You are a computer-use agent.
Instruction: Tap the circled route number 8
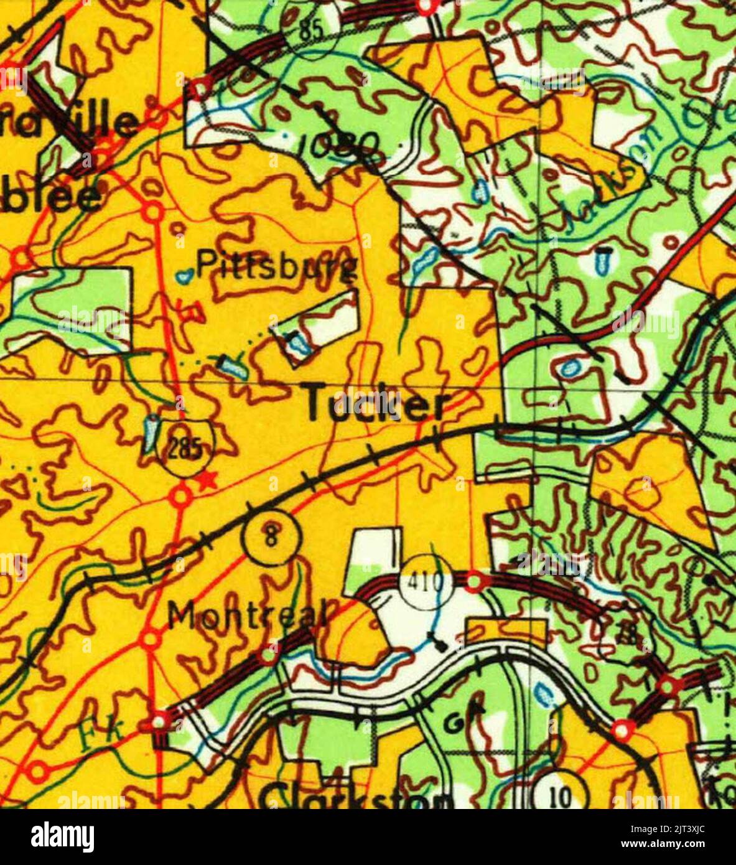(272, 536)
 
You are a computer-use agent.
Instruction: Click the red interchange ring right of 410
(474, 581)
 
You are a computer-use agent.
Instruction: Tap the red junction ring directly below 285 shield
(180, 496)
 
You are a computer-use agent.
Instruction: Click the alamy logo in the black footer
(62, 836)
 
